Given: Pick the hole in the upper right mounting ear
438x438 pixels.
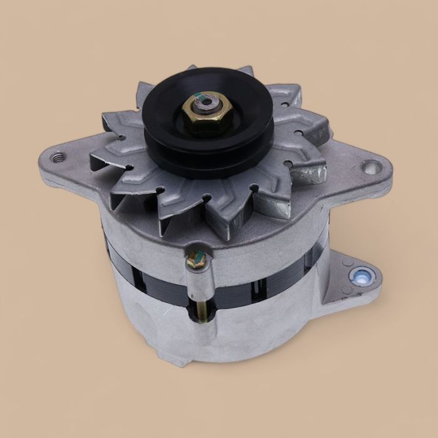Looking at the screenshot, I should pos(371,167).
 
